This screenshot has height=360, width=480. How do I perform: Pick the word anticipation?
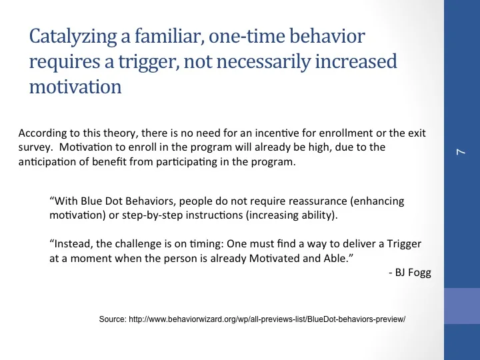coord(45,161)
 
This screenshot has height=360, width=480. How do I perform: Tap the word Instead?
coord(71,244)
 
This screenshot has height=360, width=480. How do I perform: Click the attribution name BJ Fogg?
coord(410,273)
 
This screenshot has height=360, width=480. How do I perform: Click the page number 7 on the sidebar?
coord(461,153)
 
